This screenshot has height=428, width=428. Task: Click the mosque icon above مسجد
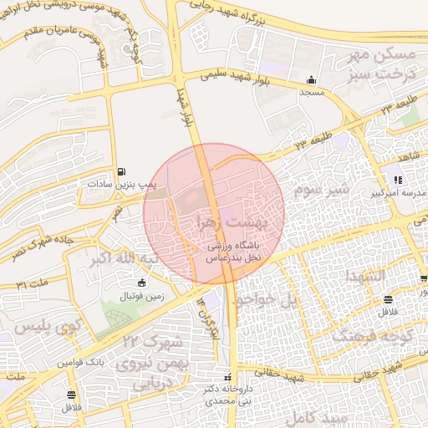[312, 80]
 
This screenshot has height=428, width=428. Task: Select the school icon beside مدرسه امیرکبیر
[399, 180]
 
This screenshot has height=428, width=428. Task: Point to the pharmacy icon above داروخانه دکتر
[228, 377]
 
